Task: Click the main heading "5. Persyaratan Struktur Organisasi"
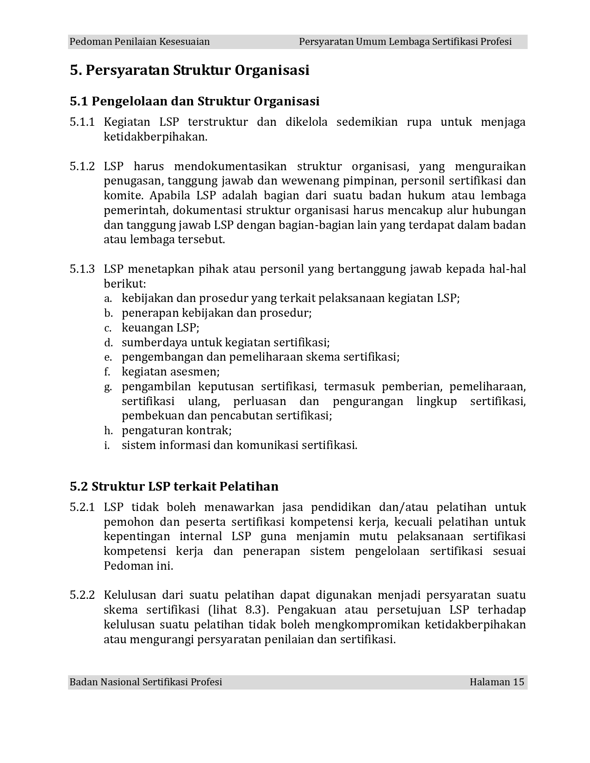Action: click(x=189, y=71)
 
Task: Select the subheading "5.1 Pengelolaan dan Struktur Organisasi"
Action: click(x=194, y=101)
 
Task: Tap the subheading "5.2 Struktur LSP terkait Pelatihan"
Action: click(x=174, y=486)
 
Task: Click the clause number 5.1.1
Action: click(x=82, y=122)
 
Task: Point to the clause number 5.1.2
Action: click(x=82, y=166)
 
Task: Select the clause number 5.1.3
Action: click(x=82, y=269)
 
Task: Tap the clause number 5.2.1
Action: click(x=82, y=507)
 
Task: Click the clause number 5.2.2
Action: click(x=82, y=595)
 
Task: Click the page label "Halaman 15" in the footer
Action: click(x=497, y=682)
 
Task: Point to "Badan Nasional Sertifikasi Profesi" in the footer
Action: click(x=146, y=682)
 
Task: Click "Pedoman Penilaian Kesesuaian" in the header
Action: click(x=139, y=42)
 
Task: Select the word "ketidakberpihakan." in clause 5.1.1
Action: click(x=155, y=137)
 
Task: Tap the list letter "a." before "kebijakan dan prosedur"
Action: click(x=108, y=299)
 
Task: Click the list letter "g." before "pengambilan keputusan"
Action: click(x=108, y=387)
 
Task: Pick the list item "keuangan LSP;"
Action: click(x=161, y=328)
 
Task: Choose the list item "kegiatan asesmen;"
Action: click(x=171, y=372)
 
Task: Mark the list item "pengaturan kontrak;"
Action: click(x=177, y=431)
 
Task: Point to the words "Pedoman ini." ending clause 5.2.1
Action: click(x=138, y=566)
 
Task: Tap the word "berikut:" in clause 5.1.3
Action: click(x=124, y=284)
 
